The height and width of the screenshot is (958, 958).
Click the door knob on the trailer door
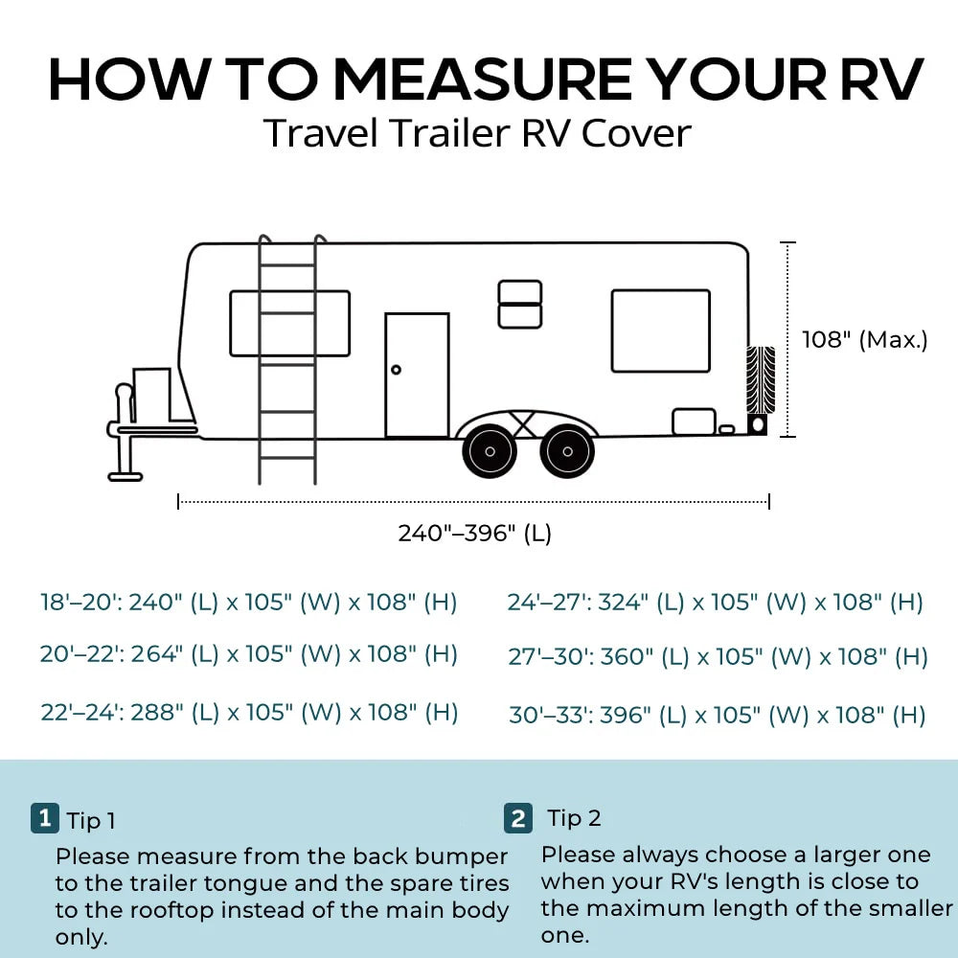point(396,370)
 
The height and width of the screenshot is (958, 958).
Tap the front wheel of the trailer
point(490,451)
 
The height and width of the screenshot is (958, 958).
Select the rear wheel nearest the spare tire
point(567,451)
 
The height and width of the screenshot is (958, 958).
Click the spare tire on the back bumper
point(760,379)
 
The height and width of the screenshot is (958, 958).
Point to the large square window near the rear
point(660,331)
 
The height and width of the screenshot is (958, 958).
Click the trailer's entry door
point(418,376)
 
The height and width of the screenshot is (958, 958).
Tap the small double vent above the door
point(520,305)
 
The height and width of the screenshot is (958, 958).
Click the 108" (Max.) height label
point(864,339)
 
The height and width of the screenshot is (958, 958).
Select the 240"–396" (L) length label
point(475,533)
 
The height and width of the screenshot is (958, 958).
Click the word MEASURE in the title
point(483,80)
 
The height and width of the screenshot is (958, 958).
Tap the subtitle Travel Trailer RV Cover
point(477,132)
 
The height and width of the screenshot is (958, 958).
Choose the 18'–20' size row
point(249,603)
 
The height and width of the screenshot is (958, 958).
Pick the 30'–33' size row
point(718,715)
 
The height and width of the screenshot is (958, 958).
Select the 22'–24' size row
point(249,713)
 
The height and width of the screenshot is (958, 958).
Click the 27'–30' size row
point(718,657)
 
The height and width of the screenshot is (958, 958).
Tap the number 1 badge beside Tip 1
point(45,818)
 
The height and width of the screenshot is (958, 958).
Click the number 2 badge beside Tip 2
point(518,818)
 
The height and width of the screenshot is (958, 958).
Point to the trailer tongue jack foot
point(125,476)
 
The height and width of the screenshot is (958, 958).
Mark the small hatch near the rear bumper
point(694,422)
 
